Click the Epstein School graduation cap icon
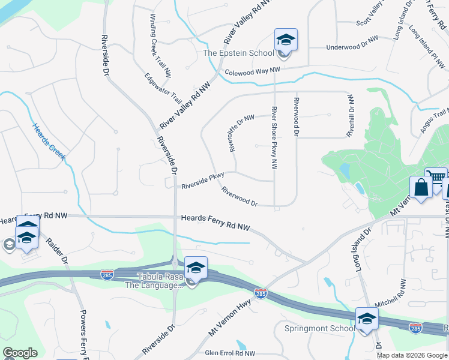(286, 40)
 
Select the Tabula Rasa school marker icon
(196, 268)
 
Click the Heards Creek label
(49, 141)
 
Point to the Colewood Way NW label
(253, 71)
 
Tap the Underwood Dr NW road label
(352, 46)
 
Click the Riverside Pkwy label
(203, 181)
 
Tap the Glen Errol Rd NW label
(231, 353)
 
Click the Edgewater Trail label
(163, 88)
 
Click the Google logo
(20, 353)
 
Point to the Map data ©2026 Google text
(411, 355)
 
